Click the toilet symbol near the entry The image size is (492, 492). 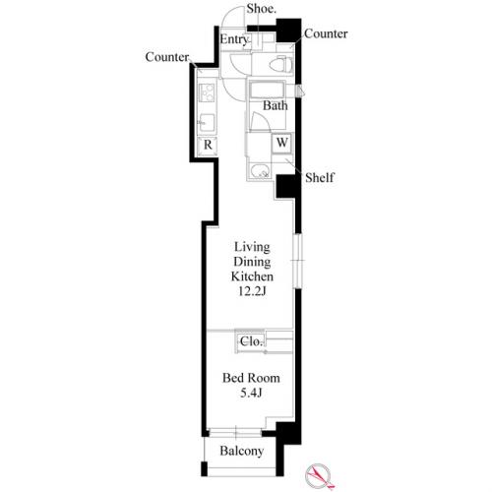tap(280, 64)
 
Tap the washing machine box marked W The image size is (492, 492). tap(281, 143)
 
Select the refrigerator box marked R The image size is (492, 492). tap(208, 145)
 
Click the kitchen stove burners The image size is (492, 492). tap(208, 92)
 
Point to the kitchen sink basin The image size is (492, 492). tap(208, 122)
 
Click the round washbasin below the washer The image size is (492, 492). tap(260, 170)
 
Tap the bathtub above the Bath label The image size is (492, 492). tap(268, 90)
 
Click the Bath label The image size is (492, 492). tap(276, 105)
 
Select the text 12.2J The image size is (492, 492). tap(252, 291)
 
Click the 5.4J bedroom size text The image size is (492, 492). tap(251, 393)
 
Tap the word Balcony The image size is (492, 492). tap(242, 452)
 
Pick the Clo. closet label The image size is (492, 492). tap(251, 341)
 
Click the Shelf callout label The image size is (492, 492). tap(320, 178)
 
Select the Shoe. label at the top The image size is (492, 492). tap(261, 9)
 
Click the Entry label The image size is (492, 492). tap(234, 39)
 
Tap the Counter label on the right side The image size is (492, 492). tap(326, 33)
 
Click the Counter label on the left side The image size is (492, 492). tap(167, 57)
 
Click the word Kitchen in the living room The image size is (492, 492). tap(252, 277)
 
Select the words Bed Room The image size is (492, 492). tap(251, 378)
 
